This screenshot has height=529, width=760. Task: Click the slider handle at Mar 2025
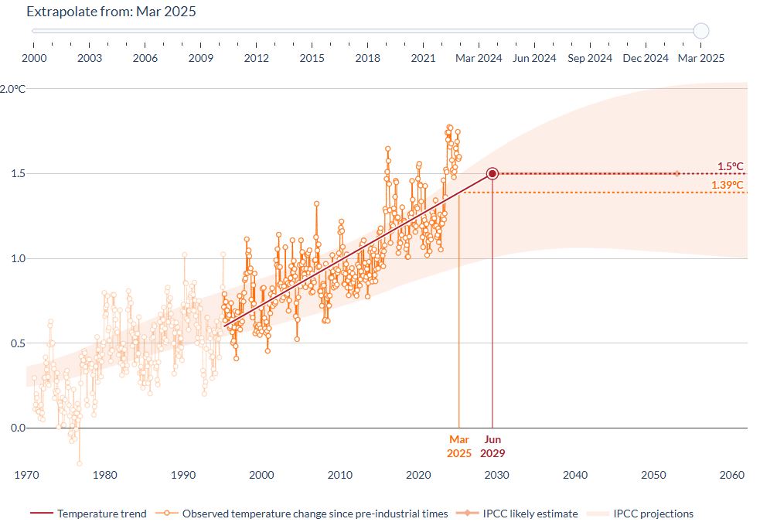pyautogui.click(x=701, y=31)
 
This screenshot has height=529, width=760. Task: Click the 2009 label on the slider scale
pyautogui.click(x=201, y=58)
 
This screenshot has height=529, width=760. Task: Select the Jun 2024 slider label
pyautogui.click(x=534, y=58)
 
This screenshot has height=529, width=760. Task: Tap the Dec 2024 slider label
pyautogui.click(x=646, y=58)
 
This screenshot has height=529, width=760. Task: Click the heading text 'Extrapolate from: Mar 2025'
pyautogui.click(x=111, y=12)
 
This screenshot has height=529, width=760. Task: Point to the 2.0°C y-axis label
pyautogui.click(x=13, y=89)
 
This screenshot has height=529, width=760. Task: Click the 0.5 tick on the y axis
pyautogui.click(x=16, y=343)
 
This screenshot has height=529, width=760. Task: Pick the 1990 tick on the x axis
pyautogui.click(x=183, y=475)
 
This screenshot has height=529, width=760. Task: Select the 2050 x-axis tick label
pyautogui.click(x=653, y=475)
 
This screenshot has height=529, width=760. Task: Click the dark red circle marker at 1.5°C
pyautogui.click(x=492, y=174)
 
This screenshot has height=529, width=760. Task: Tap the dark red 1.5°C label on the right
pyautogui.click(x=730, y=166)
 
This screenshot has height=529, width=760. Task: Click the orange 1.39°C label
pyautogui.click(x=728, y=185)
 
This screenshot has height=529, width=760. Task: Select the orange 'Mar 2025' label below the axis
pyautogui.click(x=458, y=446)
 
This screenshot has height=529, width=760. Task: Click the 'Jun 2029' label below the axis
pyautogui.click(x=492, y=446)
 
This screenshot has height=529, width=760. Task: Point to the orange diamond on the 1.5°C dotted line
pyautogui.click(x=677, y=174)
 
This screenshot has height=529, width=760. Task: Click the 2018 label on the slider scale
pyautogui.click(x=368, y=58)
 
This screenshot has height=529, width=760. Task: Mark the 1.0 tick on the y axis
pyautogui.click(x=16, y=258)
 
